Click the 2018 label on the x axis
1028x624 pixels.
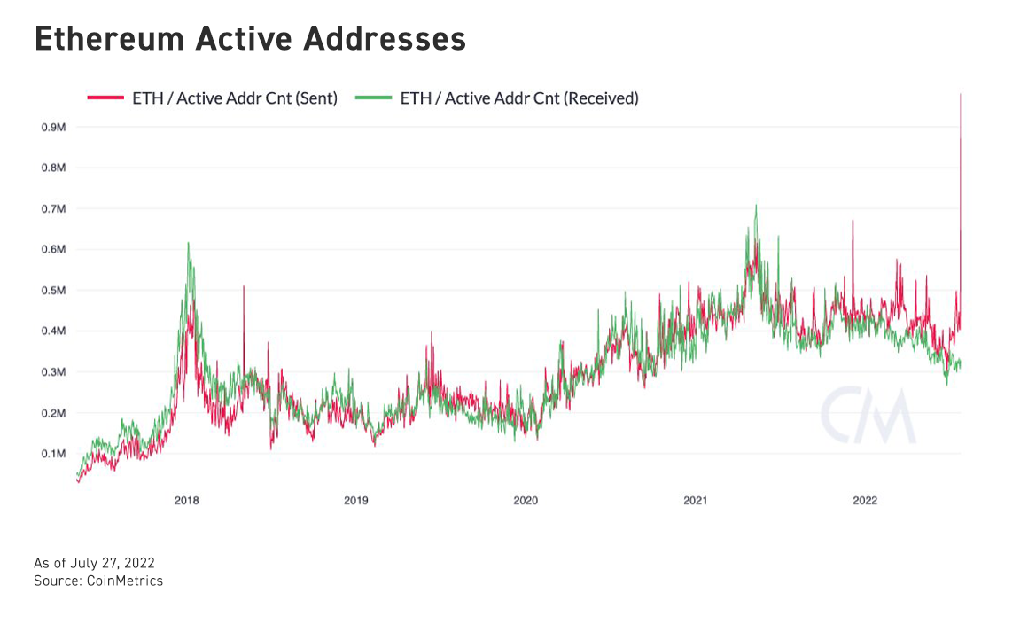[186, 501]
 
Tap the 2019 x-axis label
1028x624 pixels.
[355, 501]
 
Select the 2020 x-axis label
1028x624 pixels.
[526, 501]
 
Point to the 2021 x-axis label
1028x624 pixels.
[695, 501]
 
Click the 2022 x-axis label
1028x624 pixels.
[865, 501]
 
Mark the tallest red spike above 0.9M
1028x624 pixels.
[961, 95]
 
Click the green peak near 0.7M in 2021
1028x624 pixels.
[756, 206]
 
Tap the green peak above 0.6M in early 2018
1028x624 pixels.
[188, 243]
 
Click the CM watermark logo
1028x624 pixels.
[867, 415]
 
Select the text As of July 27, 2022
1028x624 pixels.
[95, 564]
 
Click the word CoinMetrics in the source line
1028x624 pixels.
[124, 581]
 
